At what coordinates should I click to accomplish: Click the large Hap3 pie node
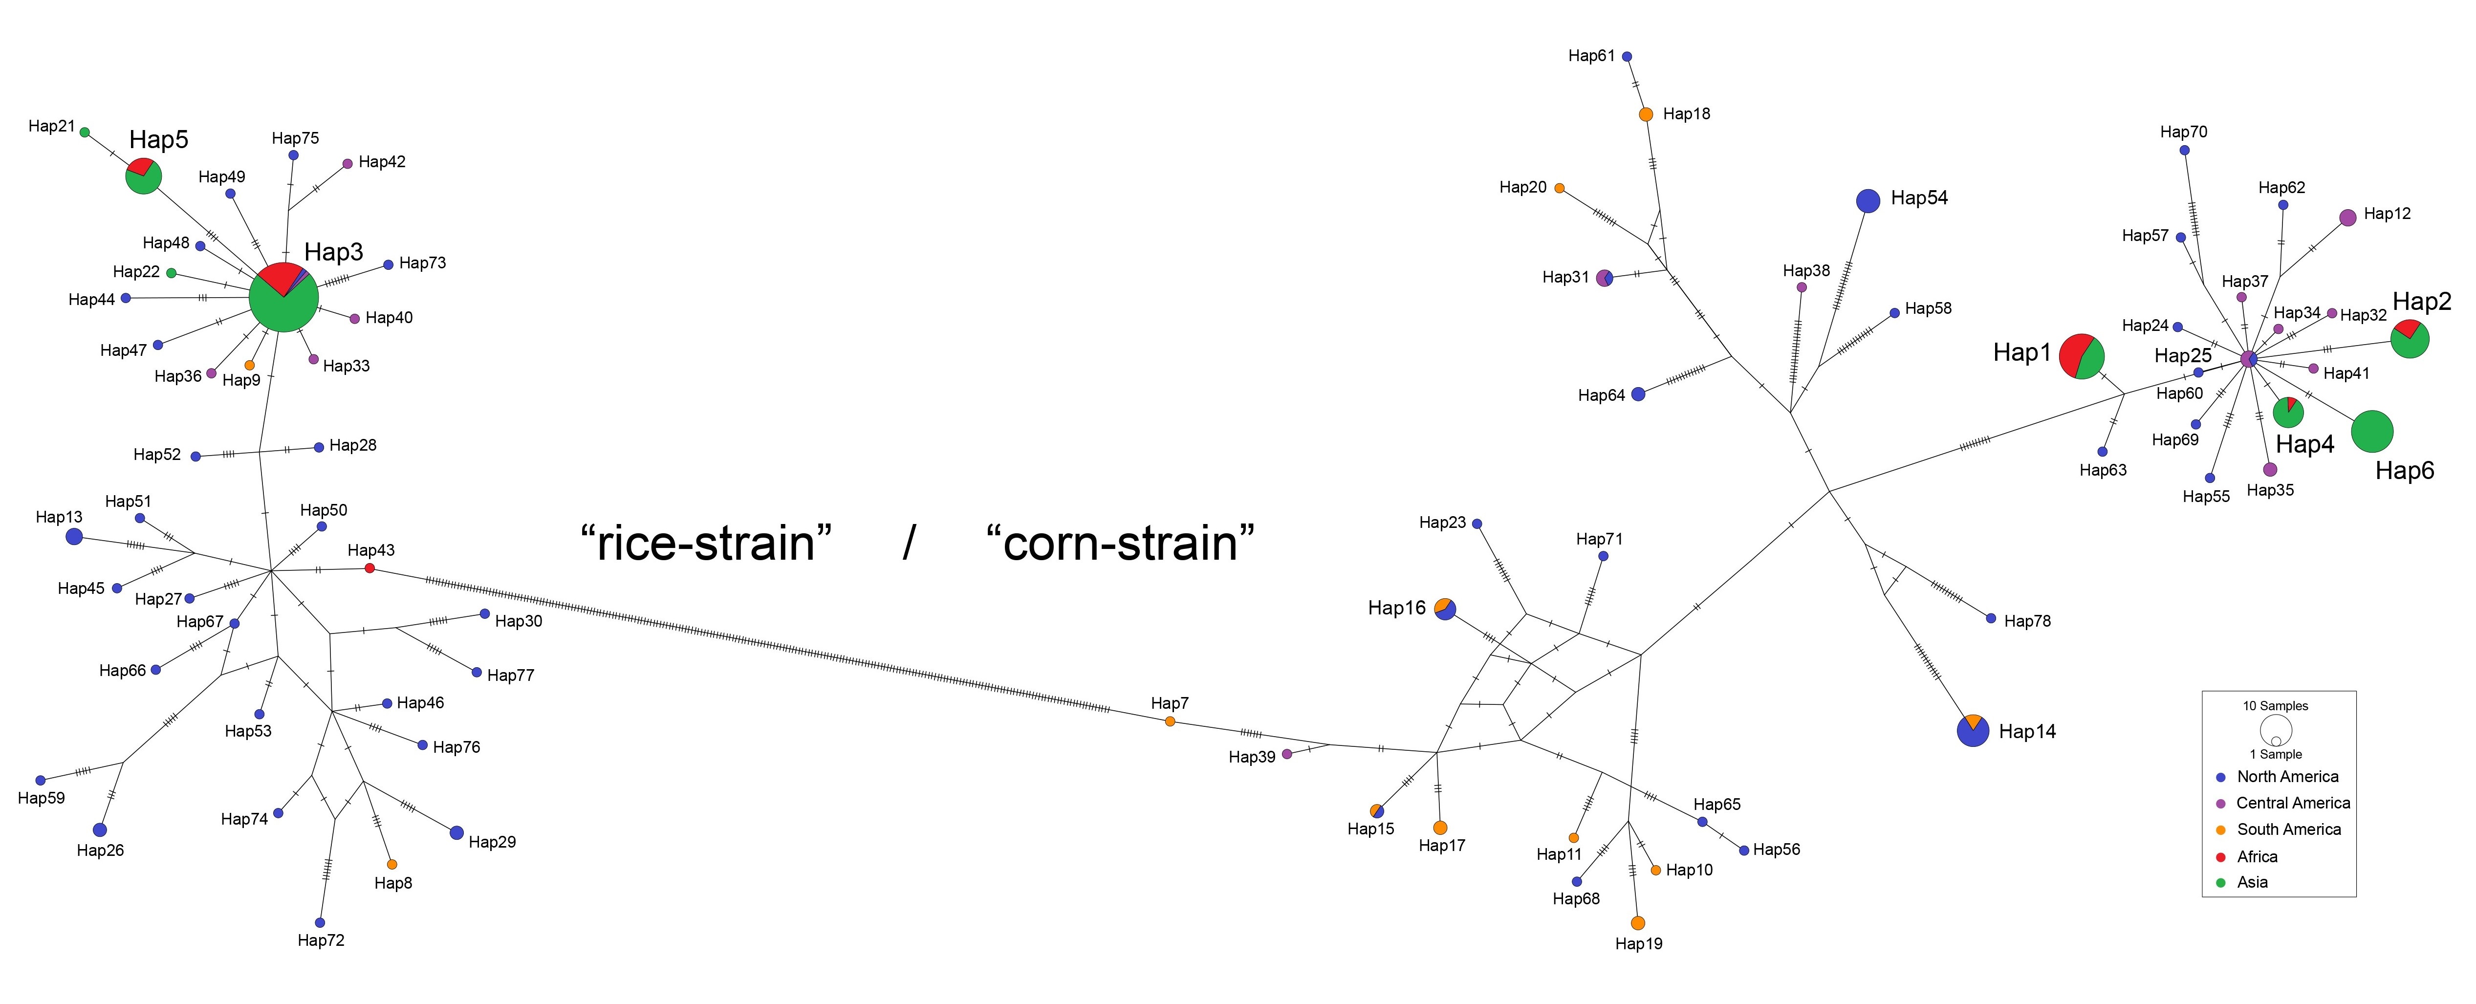pyautogui.click(x=283, y=297)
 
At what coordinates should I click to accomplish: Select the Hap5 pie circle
pyautogui.click(x=143, y=176)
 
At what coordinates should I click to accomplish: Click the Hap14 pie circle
pyautogui.click(x=1972, y=731)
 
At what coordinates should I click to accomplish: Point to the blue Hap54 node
pyautogui.click(x=1868, y=200)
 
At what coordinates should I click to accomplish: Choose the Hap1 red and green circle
pyautogui.click(x=2081, y=357)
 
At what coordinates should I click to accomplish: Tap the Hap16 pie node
pyautogui.click(x=1445, y=609)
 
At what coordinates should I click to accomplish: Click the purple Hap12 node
pyautogui.click(x=2347, y=218)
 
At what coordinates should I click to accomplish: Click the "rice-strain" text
pyautogui.click(x=706, y=544)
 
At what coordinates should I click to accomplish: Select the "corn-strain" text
pyautogui.click(x=1120, y=544)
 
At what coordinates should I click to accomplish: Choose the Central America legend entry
pyautogui.click(x=2292, y=803)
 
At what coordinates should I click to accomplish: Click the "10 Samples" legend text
pyautogui.click(x=2275, y=706)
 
